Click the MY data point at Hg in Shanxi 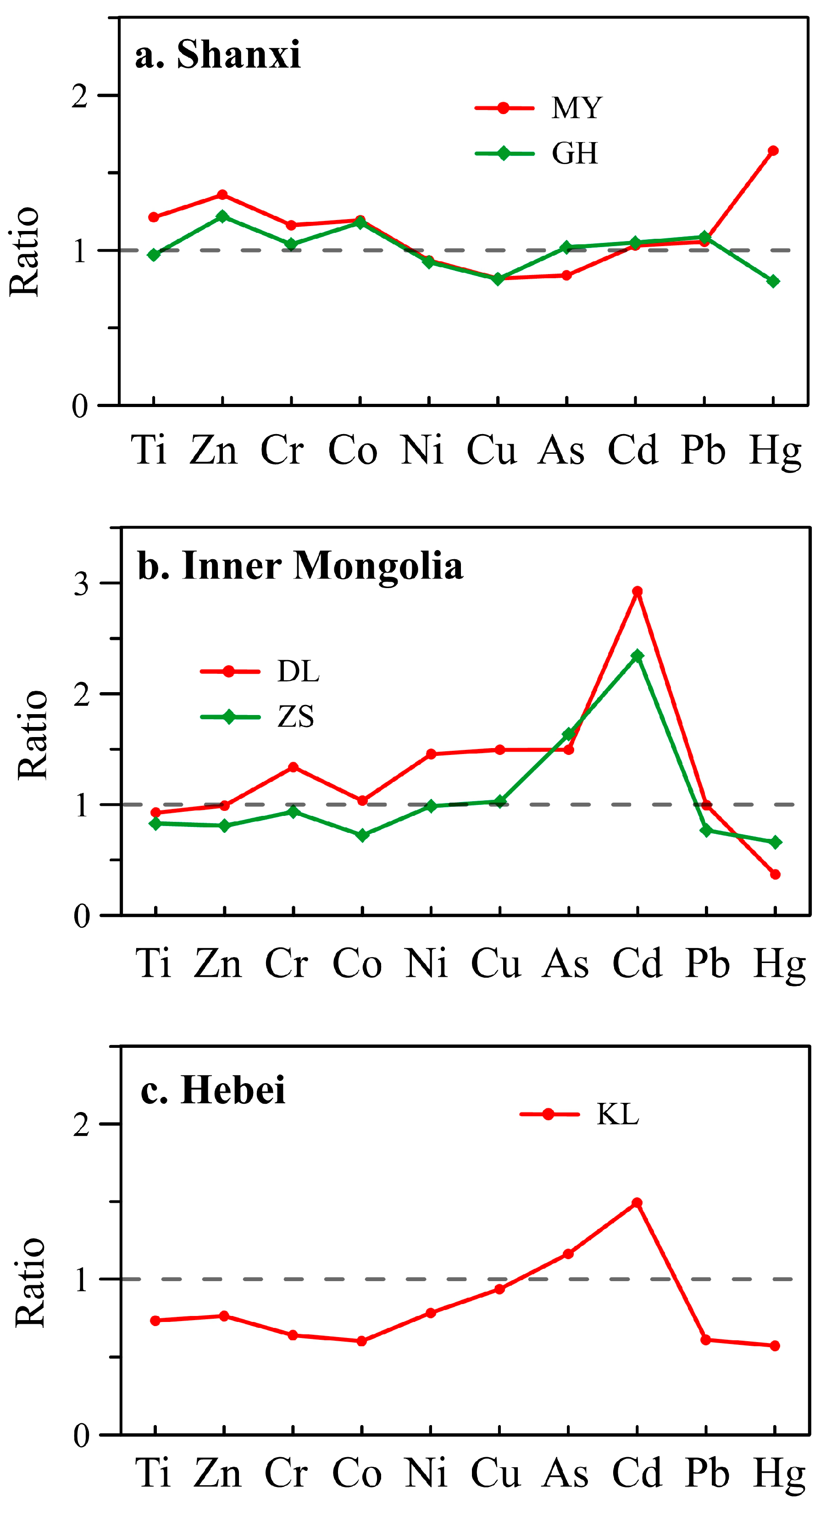[x=773, y=151]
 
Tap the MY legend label [x=577, y=108]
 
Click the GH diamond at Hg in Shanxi [x=773, y=281]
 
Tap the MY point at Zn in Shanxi [x=222, y=194]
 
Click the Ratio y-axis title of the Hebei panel [x=31, y=1282]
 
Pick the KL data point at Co [x=361, y=1341]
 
